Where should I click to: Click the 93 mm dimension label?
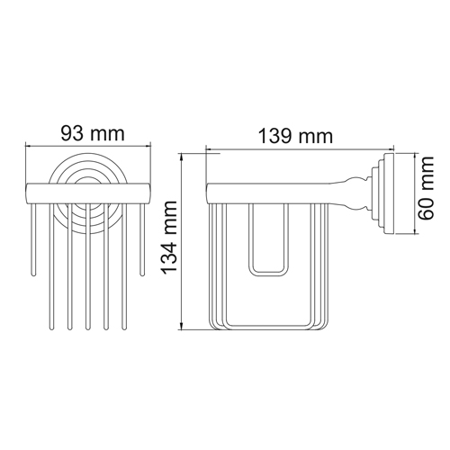coord(93,133)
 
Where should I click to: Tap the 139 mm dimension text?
coord(296,136)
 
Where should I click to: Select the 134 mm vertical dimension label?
coord(169,238)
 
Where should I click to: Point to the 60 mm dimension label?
coord(427,188)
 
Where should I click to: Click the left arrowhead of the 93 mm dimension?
coord(28,146)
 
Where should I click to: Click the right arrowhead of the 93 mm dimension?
coord(148,146)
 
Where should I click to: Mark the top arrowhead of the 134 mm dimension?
coord(181,156)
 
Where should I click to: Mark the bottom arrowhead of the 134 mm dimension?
coord(181,327)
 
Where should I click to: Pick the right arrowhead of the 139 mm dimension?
coord(390,148)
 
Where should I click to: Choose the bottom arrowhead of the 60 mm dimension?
coord(415,230)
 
